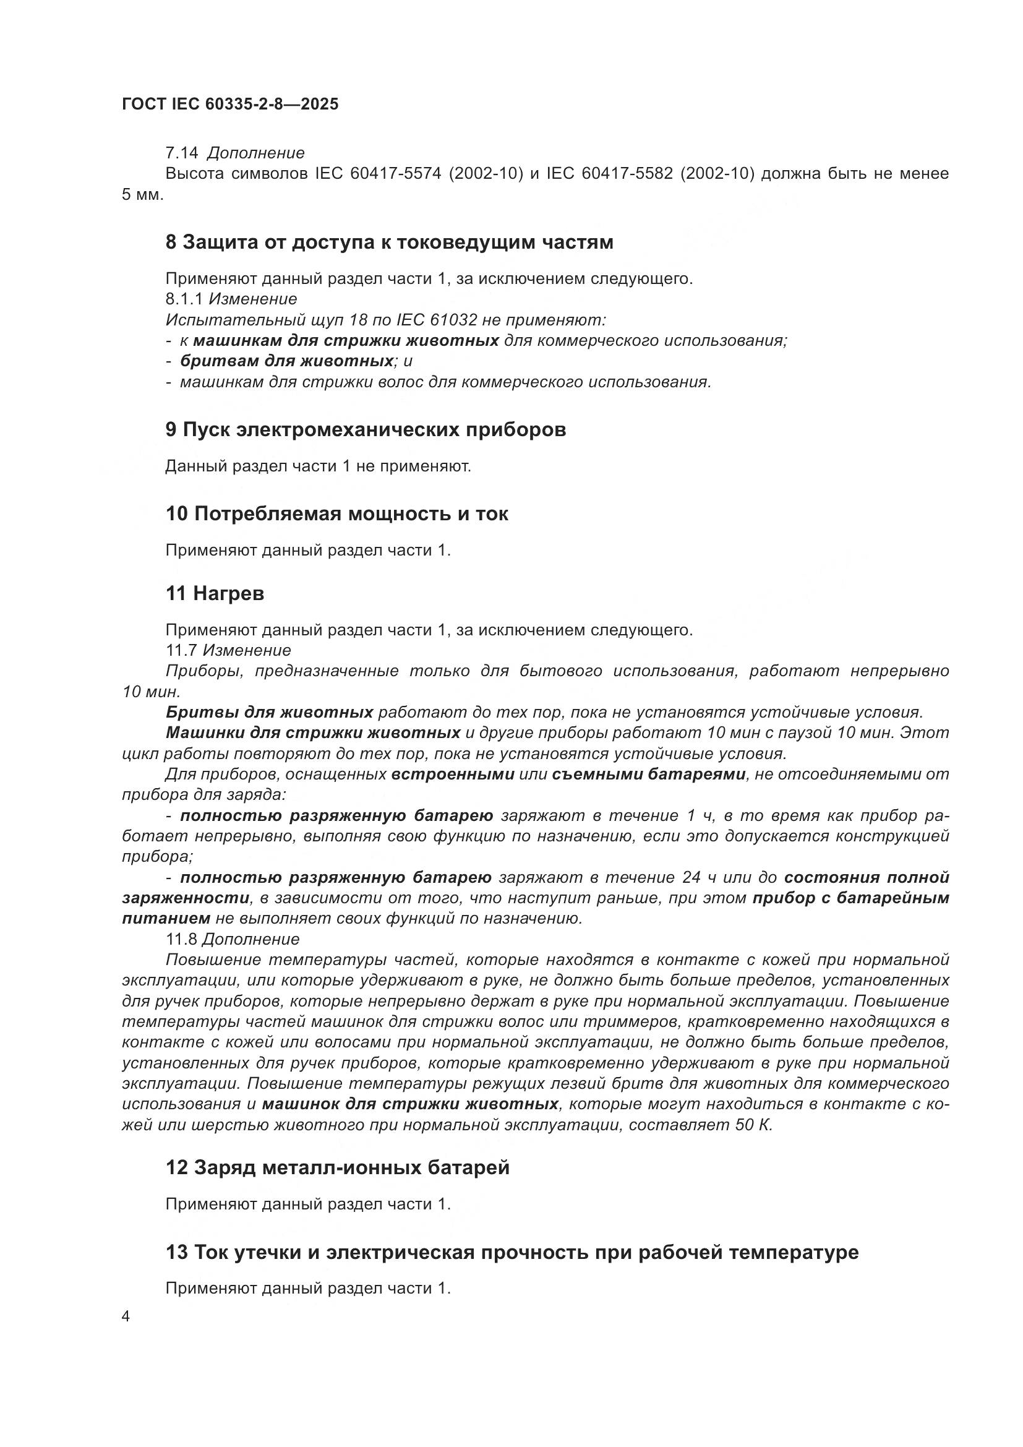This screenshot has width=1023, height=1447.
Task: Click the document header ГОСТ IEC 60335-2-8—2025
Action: (230, 104)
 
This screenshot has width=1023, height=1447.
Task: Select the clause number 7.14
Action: (181, 153)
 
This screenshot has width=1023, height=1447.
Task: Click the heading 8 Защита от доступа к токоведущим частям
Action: (388, 243)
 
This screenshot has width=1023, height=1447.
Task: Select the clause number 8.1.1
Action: (184, 299)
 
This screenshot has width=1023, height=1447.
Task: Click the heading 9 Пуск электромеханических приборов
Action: (366, 430)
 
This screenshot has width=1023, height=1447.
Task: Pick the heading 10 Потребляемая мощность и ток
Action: (337, 514)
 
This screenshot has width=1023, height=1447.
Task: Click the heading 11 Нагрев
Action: (215, 594)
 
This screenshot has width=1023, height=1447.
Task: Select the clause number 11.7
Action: (181, 650)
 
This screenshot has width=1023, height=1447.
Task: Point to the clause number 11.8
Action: (181, 940)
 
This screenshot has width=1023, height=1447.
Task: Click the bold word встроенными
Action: (453, 775)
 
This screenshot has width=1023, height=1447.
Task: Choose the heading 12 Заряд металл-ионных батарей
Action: (338, 1168)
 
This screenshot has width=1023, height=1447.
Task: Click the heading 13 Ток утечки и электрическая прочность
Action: (511, 1252)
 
